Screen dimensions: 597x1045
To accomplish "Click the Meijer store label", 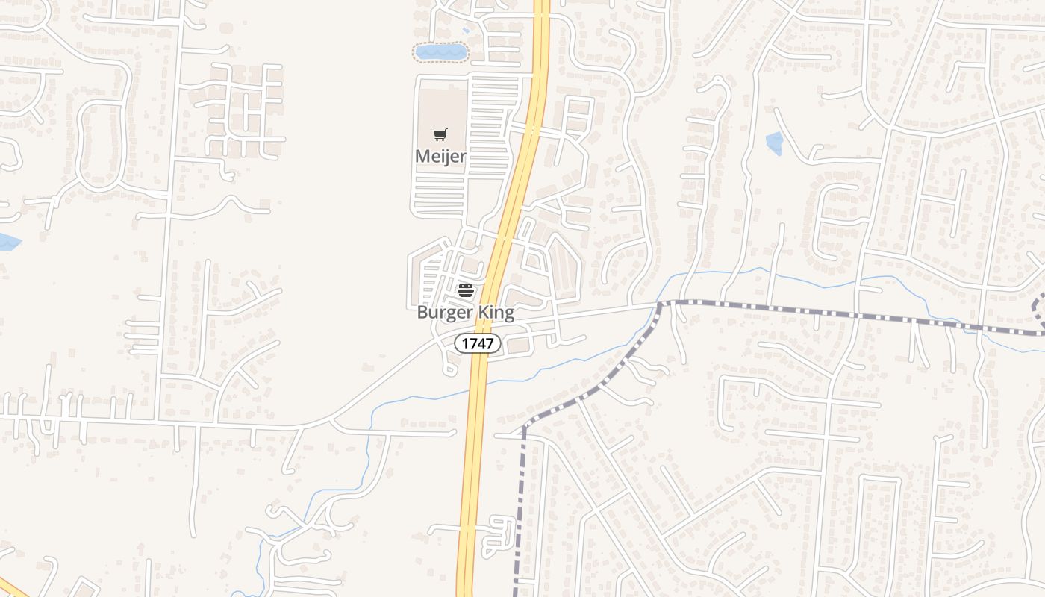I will [440, 157].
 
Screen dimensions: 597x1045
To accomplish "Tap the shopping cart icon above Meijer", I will [440, 135].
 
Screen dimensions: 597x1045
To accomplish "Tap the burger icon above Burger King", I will [466, 290].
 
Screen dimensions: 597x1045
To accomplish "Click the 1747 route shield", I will [478, 343].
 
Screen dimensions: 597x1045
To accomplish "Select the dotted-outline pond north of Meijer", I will [440, 52].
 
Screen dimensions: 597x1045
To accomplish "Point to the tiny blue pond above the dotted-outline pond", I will [465, 31].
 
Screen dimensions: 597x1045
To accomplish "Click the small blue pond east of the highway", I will [775, 143].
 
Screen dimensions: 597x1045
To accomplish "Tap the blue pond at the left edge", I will [7, 242].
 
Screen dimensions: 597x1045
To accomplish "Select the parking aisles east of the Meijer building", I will [489, 127].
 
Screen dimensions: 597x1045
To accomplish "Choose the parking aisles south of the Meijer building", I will [439, 196].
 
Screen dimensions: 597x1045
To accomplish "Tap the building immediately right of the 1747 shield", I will [518, 345].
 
